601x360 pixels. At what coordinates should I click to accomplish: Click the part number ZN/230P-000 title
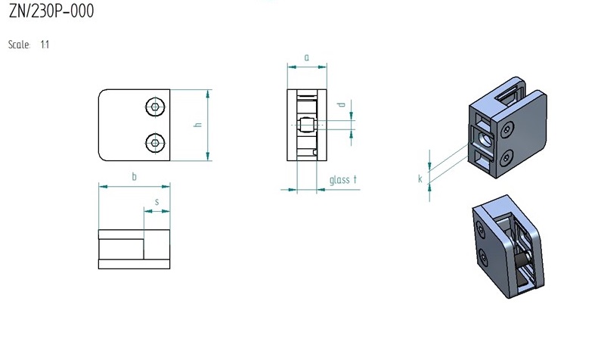[51, 11]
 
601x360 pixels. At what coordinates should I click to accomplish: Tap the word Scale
[19, 45]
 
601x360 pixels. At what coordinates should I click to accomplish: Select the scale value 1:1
[45, 45]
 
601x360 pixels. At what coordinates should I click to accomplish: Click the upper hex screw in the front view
[155, 107]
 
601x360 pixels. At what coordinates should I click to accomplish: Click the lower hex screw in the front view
[155, 143]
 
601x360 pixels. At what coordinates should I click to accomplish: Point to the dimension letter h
[198, 124]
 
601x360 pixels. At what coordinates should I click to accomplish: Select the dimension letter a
[307, 57]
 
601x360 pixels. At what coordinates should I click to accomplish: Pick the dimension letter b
[134, 176]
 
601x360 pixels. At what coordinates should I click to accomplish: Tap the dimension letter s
[156, 202]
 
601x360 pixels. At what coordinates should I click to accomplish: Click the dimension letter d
[341, 104]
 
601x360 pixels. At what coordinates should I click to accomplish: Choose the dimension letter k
[420, 178]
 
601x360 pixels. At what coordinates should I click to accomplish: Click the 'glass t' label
[343, 179]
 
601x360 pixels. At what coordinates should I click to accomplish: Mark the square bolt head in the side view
[307, 125]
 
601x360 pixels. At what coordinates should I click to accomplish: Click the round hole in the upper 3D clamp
[484, 139]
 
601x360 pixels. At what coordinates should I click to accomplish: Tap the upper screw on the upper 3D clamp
[507, 129]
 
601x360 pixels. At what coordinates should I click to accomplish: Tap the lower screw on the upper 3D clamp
[507, 157]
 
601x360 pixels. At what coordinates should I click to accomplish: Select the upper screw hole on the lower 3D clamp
[481, 229]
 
